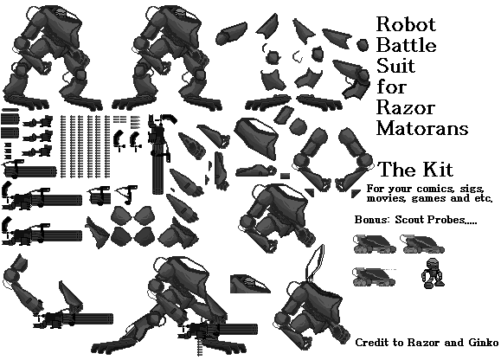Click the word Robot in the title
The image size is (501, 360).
pos(406,24)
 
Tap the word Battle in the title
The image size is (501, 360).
pos(407,45)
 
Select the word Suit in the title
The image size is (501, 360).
pos(395,66)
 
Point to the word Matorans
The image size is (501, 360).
pos(422,128)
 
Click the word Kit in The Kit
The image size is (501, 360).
pos(439,170)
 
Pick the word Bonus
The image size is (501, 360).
pos(372,220)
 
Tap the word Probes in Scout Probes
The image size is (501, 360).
pos(446,220)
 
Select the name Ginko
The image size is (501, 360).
pos(483,343)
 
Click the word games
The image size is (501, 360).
pos(429,198)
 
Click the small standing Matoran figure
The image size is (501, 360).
pos(432,273)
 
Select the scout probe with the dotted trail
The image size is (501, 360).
pos(374,277)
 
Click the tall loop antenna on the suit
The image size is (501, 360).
pos(315,263)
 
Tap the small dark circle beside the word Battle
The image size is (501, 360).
pos(363,45)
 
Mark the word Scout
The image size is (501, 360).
pos(410,220)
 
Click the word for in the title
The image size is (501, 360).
pos(391,87)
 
